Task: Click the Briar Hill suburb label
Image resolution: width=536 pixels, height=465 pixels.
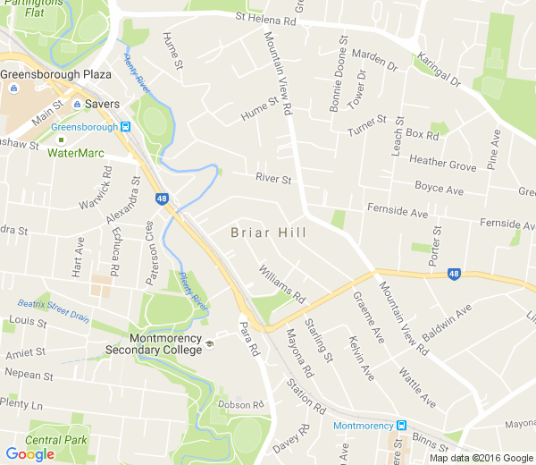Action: (x=268, y=232)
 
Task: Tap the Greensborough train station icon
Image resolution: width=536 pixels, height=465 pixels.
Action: (x=126, y=127)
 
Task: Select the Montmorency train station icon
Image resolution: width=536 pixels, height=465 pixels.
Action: (x=402, y=426)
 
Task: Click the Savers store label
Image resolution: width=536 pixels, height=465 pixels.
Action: (x=103, y=105)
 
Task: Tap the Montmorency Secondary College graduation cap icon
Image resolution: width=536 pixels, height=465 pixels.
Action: (x=210, y=344)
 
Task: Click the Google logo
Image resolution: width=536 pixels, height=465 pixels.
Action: (x=29, y=454)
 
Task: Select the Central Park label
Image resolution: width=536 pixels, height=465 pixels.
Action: (x=56, y=440)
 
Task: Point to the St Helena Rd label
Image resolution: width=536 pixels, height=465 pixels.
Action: (x=265, y=18)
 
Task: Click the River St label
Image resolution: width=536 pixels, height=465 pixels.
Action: (x=273, y=179)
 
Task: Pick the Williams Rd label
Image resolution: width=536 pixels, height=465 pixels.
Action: (x=282, y=282)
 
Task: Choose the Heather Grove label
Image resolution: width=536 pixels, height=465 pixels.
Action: (x=442, y=165)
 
